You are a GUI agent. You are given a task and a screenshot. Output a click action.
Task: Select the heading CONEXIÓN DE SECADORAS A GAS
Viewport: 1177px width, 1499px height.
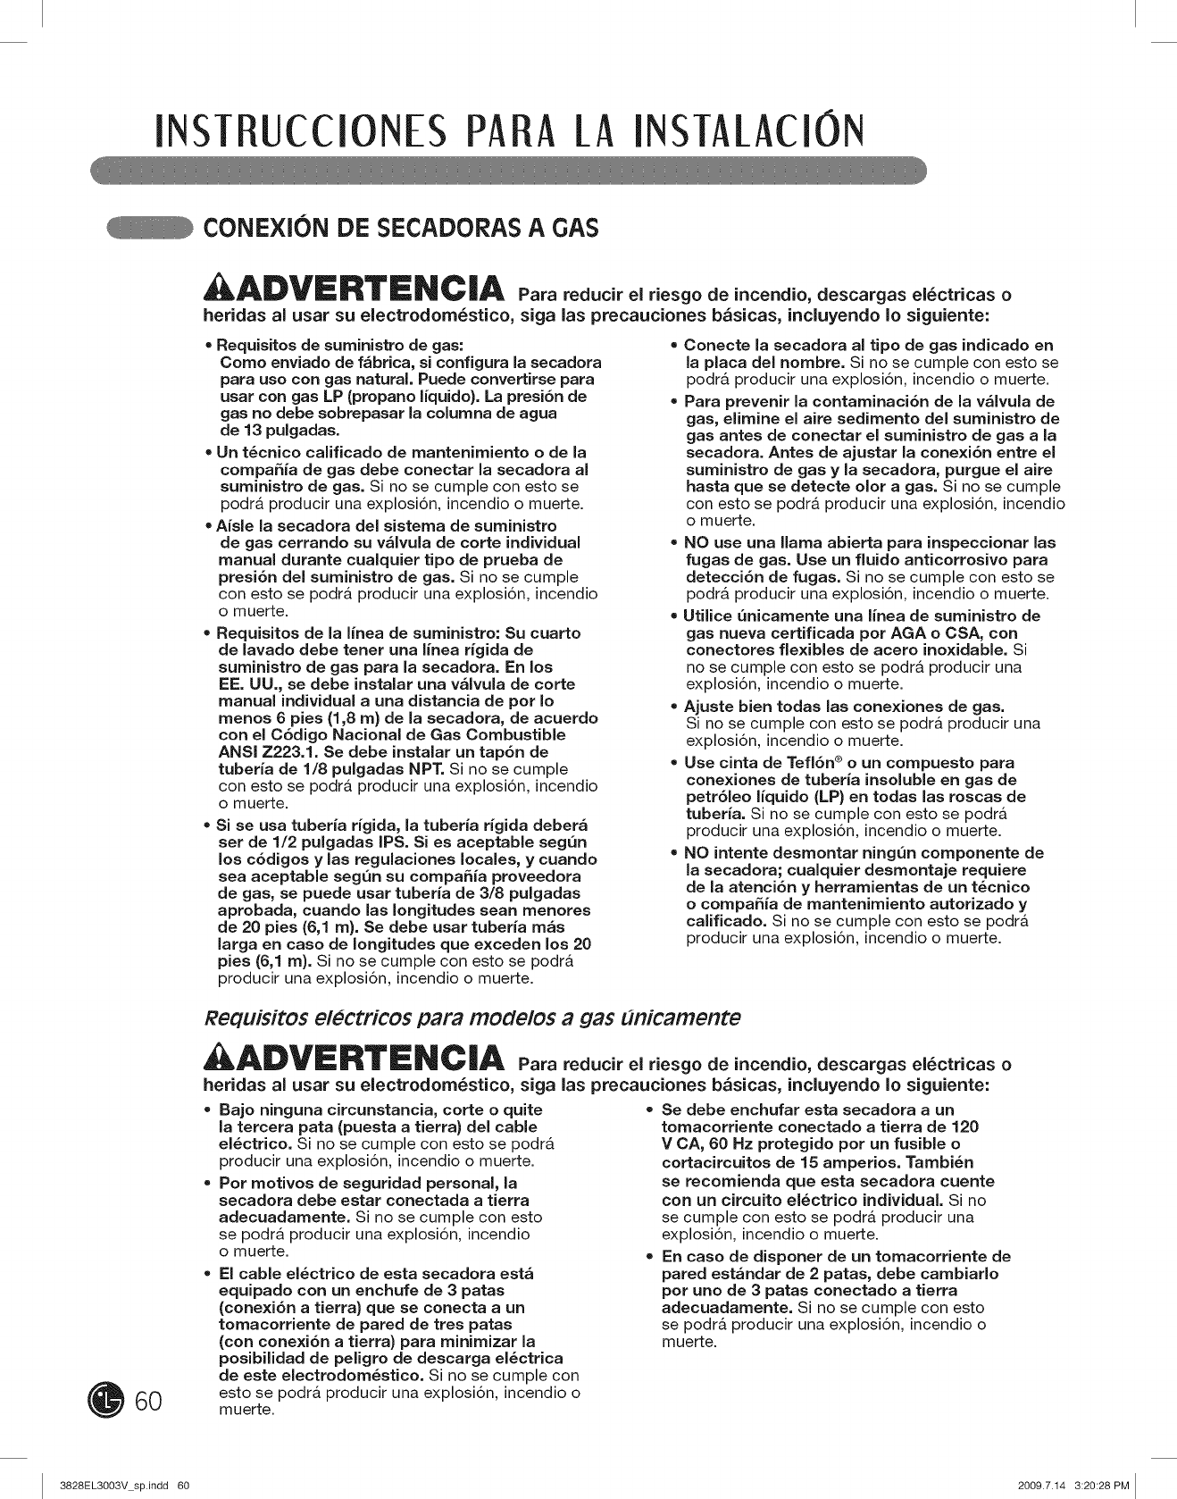[401, 229]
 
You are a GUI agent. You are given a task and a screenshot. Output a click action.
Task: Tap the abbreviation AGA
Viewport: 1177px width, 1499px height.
[912, 632]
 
